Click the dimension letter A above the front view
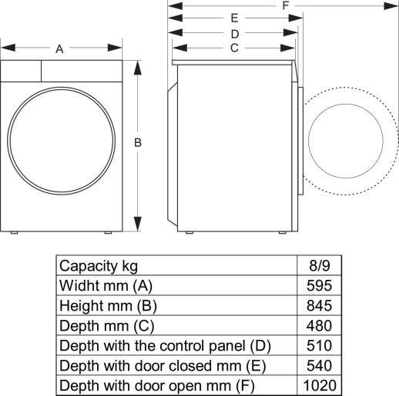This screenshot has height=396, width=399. (59, 49)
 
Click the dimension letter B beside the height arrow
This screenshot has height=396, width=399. (138, 142)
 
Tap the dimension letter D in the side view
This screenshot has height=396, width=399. (234, 33)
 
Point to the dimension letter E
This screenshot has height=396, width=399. (234, 18)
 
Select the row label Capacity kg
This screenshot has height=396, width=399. (99, 266)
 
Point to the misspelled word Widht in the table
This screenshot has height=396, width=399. (78, 285)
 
